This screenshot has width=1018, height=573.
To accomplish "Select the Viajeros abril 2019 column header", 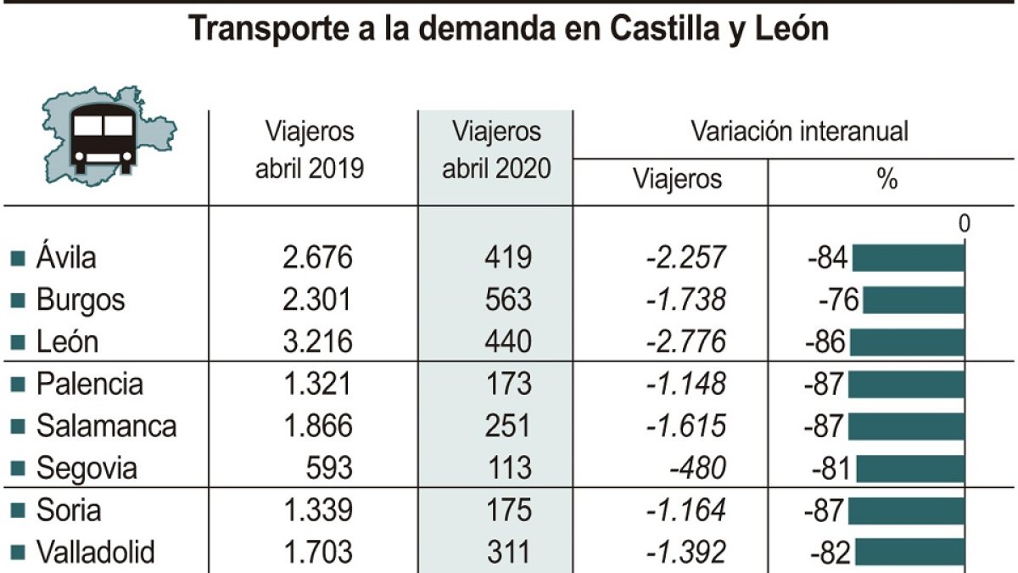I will (310, 150).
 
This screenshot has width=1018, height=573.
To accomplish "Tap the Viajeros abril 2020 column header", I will (496, 150).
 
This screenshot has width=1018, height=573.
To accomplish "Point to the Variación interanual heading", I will (799, 132).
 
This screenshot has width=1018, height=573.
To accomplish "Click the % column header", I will (887, 179).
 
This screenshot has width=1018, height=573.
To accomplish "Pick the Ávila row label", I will (66, 257).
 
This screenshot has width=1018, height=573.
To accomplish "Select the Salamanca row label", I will (106, 426).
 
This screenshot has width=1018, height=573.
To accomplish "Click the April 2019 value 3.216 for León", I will (316, 341).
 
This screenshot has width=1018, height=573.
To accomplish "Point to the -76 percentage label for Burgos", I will (839, 300).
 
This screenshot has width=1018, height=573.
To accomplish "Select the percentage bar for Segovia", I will (910, 468).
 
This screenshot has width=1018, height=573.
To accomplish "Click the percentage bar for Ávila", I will (908, 257).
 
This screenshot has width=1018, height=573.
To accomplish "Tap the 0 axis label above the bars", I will (964, 224).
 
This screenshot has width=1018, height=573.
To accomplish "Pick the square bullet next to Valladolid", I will (17, 553).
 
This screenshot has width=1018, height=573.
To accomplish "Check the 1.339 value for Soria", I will (316, 510).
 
